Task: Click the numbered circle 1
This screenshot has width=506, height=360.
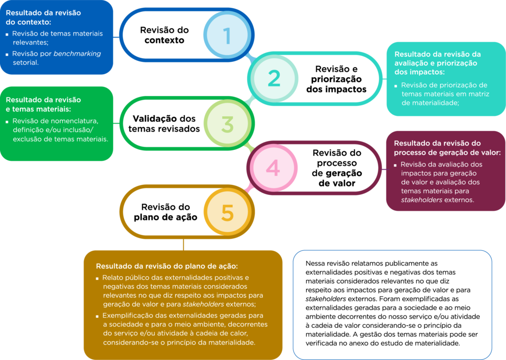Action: click(227, 36)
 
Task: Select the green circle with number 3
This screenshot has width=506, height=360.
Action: click(227, 124)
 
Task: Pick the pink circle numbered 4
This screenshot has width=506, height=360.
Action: click(272, 168)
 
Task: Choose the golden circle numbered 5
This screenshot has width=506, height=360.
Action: click(227, 213)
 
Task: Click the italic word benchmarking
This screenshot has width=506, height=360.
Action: click(77, 53)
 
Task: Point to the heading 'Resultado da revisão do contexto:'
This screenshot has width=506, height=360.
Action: click(43, 17)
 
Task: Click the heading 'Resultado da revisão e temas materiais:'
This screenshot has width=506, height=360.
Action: click(43, 104)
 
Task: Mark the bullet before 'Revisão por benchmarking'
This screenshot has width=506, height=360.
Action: click(7, 54)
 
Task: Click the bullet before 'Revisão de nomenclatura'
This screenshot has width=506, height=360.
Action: click(7, 121)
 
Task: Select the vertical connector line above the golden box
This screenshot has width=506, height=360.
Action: click(183, 245)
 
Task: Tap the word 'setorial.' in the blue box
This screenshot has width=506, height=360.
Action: click(25, 63)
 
